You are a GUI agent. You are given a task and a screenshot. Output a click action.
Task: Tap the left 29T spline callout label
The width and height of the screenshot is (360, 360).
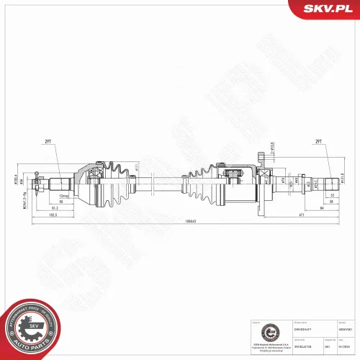[x=48, y=142]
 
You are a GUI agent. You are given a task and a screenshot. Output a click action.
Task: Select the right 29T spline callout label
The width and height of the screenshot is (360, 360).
[x=318, y=142]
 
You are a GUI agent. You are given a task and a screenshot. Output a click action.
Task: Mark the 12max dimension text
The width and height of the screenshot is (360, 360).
[x=66, y=195]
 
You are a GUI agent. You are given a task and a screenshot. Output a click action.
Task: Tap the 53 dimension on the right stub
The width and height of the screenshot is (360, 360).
[x=332, y=195]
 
